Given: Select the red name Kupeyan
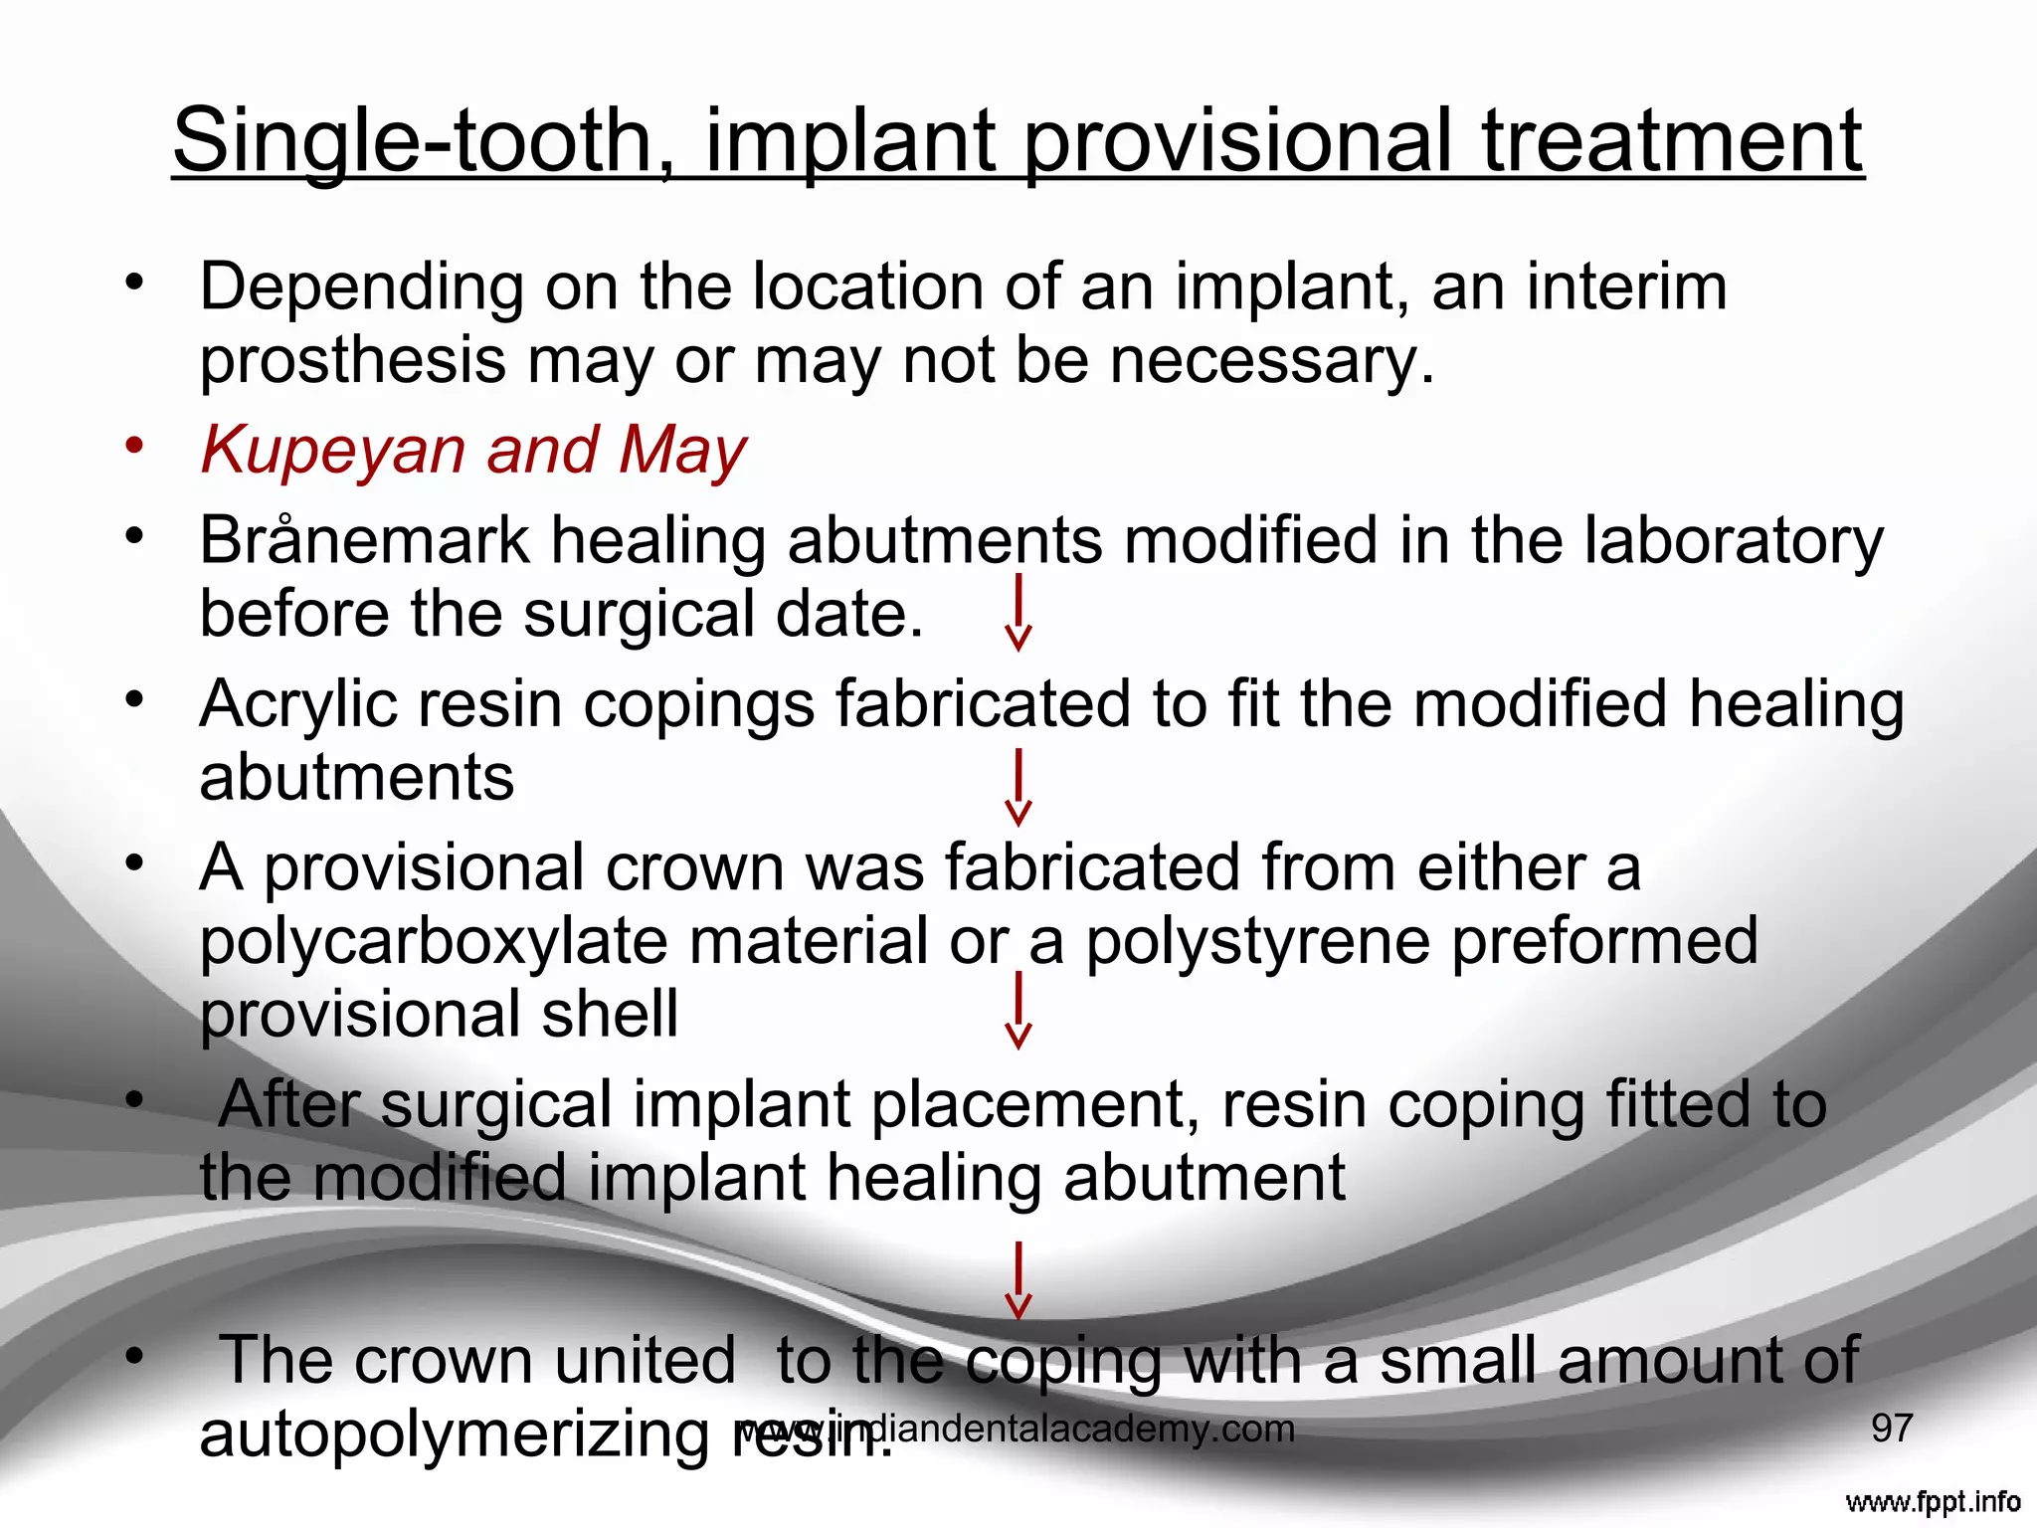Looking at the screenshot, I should point(332,451).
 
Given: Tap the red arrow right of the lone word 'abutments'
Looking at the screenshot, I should point(1018,788).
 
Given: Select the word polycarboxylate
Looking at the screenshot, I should point(433,941).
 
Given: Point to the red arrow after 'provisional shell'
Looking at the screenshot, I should point(1018,1011).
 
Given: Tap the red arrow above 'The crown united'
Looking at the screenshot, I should point(1018,1279).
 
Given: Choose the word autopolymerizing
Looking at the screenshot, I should point(454,1434).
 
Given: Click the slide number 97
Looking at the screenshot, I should point(1892,1429).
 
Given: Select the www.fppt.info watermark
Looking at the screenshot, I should point(1932,1502).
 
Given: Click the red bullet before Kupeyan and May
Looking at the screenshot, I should point(134,445).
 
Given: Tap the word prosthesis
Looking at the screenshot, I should point(352,361).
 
